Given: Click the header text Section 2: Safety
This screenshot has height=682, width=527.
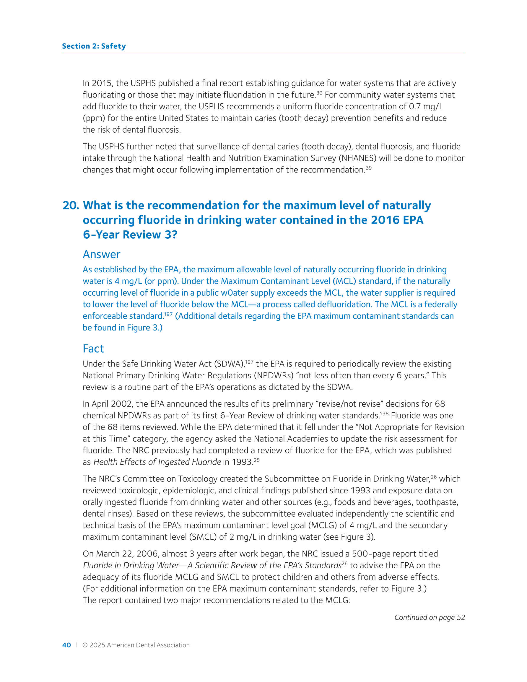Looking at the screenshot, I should tap(94, 46).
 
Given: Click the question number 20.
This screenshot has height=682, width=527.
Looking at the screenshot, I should tap(71, 206).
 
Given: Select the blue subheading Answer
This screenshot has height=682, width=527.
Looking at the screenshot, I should tap(101, 255).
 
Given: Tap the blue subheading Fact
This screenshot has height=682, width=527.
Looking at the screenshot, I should tap(93, 349).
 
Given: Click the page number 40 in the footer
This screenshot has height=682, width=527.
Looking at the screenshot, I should tap(66, 645).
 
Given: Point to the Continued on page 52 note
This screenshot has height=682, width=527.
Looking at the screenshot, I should tap(430, 617).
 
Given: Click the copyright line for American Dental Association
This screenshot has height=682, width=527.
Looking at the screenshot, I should tap(136, 645).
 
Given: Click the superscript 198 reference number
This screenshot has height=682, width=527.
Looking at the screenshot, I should tap(384, 414).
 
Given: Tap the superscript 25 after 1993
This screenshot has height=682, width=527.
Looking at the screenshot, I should tap(256, 460).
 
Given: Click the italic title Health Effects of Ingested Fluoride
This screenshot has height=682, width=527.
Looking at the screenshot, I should tap(157, 462).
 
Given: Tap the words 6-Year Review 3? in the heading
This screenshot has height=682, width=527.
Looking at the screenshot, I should tap(130, 235).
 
